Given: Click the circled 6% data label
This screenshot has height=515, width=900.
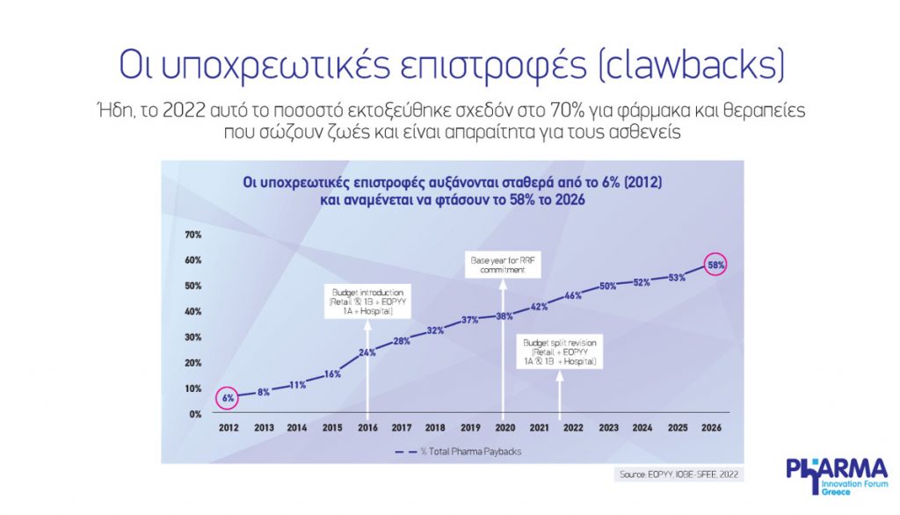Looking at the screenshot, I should tap(228, 398).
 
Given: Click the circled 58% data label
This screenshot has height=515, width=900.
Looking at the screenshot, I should tap(715, 265).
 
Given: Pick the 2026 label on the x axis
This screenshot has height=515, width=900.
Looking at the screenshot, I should tap(710, 428).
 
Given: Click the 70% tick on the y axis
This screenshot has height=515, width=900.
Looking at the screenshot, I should tap(193, 235).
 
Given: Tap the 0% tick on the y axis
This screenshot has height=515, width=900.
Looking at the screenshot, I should tap(195, 413).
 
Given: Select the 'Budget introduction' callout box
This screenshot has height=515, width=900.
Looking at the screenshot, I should tap(368, 300).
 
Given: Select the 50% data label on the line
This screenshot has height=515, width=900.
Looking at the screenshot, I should tap(607, 286).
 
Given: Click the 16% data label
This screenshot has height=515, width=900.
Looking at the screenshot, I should tap(333, 374).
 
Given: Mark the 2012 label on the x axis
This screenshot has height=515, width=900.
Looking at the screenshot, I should tap(228, 428).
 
